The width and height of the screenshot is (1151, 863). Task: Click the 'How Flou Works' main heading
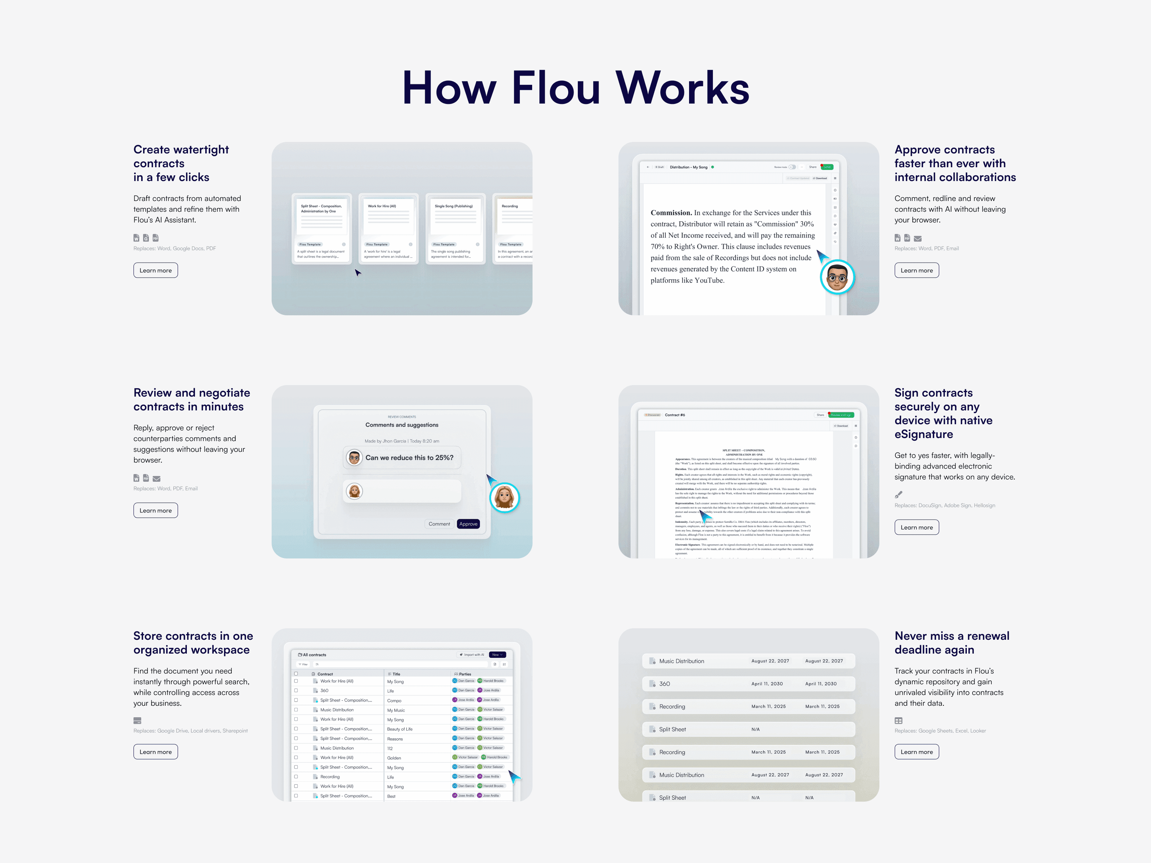pos(575,88)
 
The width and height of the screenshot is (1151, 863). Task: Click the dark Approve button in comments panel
pos(468,524)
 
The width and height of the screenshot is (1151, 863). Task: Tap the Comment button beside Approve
pos(439,524)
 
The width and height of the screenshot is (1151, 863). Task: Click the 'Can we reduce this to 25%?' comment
pos(409,458)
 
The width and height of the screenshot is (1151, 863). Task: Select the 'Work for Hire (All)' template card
pos(388,229)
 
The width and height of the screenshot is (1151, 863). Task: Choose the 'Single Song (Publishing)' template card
pos(455,229)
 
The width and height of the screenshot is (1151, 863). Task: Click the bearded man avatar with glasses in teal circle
pos(837,277)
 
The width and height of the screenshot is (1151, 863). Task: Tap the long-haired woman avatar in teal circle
pos(504,497)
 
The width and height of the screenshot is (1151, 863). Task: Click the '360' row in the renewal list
pos(665,684)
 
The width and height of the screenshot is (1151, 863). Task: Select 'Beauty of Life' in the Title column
pos(400,729)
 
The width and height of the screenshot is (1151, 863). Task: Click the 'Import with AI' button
pos(472,655)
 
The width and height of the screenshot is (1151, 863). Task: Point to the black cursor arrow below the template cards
pos(358,272)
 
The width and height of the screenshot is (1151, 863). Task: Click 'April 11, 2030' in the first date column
pos(767,684)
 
